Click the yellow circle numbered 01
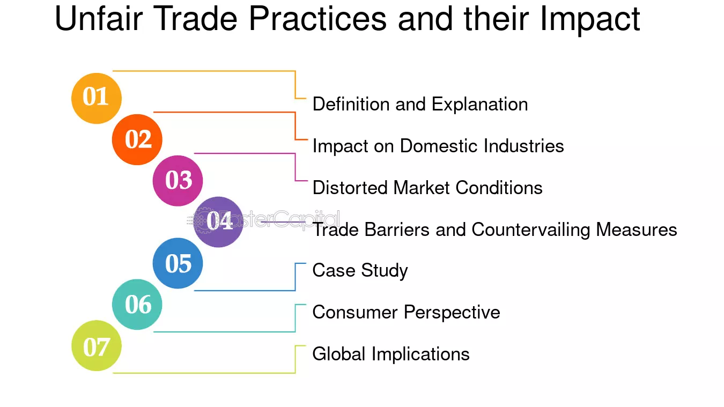click(97, 98)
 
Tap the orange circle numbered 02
click(137, 139)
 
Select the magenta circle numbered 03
click(178, 181)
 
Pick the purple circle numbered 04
click(218, 221)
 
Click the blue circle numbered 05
click(178, 263)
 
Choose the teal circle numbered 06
click(137, 305)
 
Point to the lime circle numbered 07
click(97, 346)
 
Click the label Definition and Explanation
click(420, 104)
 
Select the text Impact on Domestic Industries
click(438, 146)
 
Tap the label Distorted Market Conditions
click(427, 188)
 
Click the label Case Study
click(360, 270)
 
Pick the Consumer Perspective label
click(406, 312)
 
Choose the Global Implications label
click(391, 354)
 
